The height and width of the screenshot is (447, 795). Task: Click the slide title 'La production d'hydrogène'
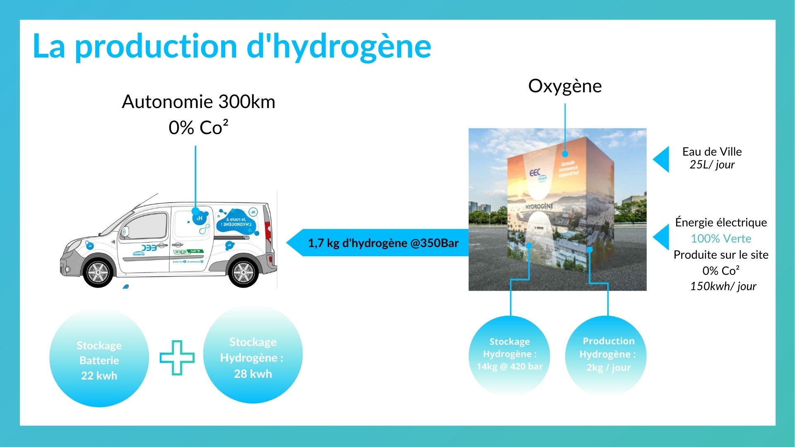(232, 46)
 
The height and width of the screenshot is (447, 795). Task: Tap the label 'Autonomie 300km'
(198, 102)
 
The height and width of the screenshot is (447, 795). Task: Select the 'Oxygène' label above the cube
(565, 86)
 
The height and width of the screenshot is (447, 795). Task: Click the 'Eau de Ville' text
(712, 151)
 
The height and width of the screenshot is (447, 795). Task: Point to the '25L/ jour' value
(712, 165)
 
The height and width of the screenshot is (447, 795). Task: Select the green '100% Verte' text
(721, 239)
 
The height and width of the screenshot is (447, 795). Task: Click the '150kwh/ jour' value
(723, 286)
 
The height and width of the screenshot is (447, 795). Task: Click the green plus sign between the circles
(177, 358)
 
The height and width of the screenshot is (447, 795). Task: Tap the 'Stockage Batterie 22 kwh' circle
(99, 358)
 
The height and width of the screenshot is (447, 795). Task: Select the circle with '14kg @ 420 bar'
(509, 355)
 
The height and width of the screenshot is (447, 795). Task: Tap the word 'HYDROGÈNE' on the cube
(539, 207)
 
